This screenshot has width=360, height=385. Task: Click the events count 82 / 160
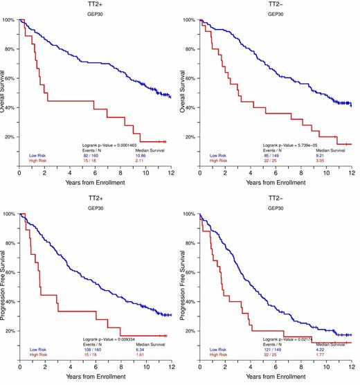(92, 155)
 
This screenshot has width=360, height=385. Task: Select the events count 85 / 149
(273, 155)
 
